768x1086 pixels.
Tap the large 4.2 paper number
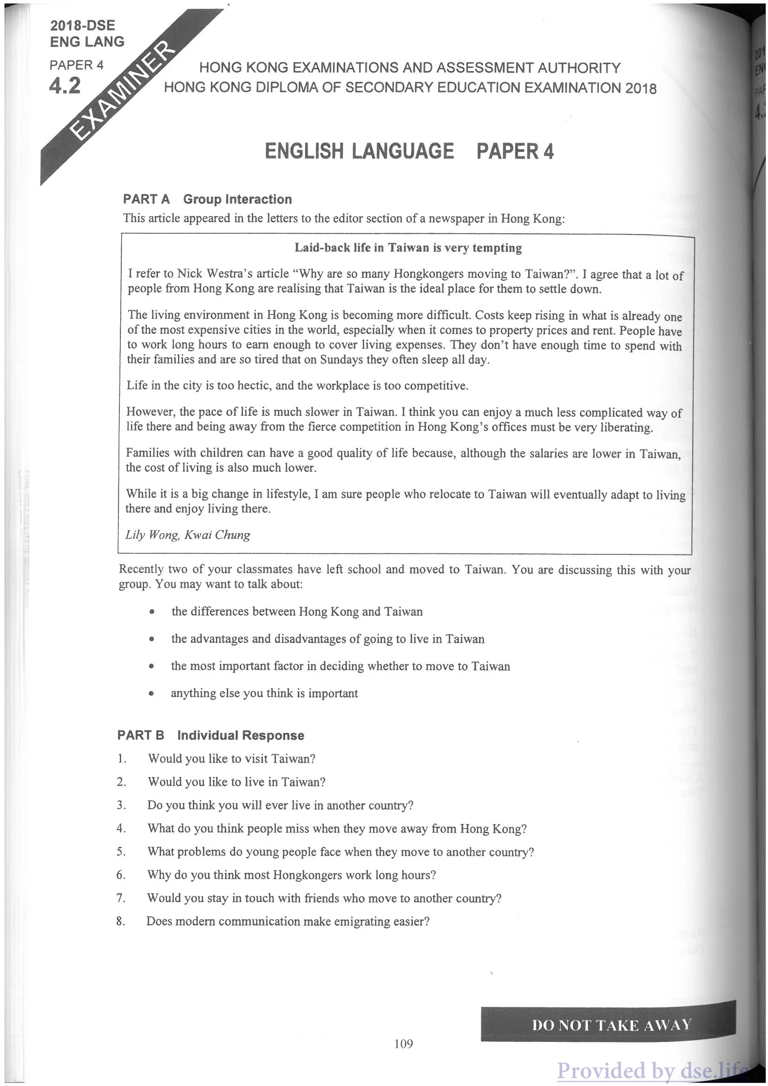click(x=65, y=86)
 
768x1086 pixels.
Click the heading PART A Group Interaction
click(x=207, y=199)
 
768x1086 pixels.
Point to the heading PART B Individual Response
click(x=210, y=735)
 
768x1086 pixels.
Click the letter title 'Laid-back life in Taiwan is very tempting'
click(x=407, y=248)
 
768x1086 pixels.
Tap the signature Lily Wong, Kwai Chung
click(x=187, y=535)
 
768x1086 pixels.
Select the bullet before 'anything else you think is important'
click(x=151, y=694)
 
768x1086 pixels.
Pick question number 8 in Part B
click(x=121, y=921)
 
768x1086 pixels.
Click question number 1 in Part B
click(x=122, y=759)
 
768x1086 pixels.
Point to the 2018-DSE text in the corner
click(x=82, y=26)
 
